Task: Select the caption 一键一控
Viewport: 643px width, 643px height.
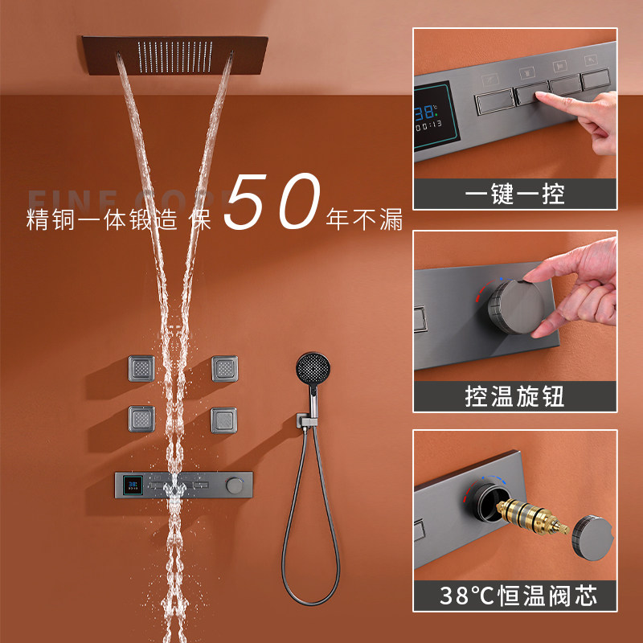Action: click(515, 194)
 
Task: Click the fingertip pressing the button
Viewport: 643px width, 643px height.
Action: click(536, 98)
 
